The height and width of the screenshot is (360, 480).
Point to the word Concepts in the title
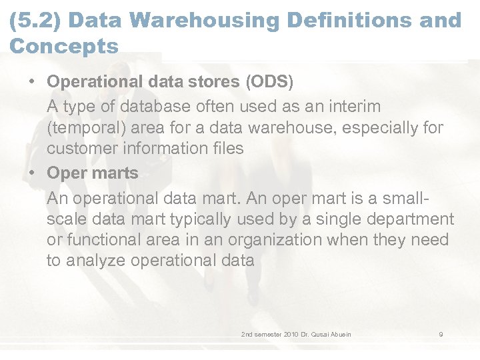point(64,47)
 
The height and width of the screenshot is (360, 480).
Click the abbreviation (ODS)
point(269,82)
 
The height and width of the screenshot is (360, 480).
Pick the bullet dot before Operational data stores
point(32,82)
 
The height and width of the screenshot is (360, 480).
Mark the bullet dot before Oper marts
point(32,173)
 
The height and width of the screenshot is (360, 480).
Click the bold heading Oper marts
point(93,173)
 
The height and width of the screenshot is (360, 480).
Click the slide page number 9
point(441,334)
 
